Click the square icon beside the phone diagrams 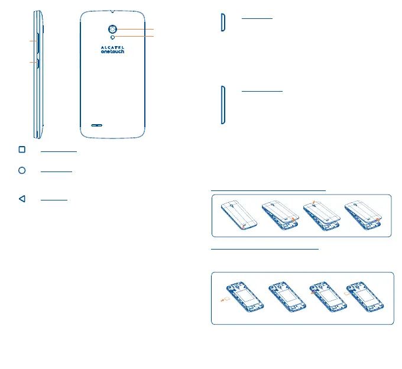[22, 150]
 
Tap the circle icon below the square [22, 170]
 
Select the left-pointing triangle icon [22, 199]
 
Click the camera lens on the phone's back [112, 29]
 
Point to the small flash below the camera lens [112, 37]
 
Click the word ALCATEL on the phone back [112, 46]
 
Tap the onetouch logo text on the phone [112, 51]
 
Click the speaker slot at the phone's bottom [96, 125]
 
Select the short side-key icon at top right [222, 22]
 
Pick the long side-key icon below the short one [222, 105]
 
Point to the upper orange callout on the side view [31, 41]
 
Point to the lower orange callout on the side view [31, 61]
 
